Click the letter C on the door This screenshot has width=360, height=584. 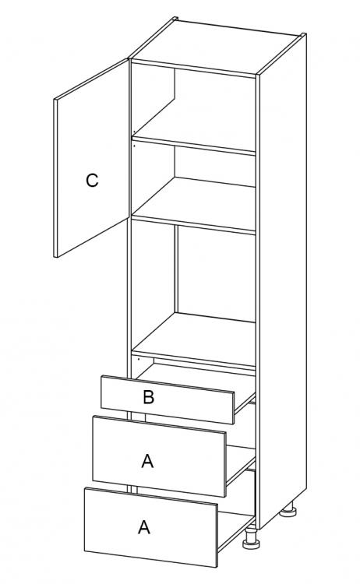click(92, 181)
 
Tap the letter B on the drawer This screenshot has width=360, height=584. click(148, 397)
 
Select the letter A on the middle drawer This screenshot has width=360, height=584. click(147, 462)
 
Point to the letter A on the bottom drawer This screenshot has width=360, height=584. click(144, 527)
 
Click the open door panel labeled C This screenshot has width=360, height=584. click(93, 158)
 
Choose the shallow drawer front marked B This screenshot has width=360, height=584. click(168, 399)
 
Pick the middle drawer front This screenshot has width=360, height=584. click(160, 456)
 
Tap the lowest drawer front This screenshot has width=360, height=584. click(151, 527)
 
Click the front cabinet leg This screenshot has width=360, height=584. click(251, 539)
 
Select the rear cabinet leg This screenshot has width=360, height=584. click(288, 509)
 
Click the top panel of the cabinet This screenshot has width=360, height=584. click(215, 47)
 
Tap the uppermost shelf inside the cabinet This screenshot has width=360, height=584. click(194, 142)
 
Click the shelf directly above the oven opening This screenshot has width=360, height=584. click(194, 205)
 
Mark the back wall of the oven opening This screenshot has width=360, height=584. click(216, 274)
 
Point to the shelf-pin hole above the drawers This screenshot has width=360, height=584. click(138, 360)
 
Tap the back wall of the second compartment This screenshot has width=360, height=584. click(215, 167)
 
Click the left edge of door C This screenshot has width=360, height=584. click(55, 178)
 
